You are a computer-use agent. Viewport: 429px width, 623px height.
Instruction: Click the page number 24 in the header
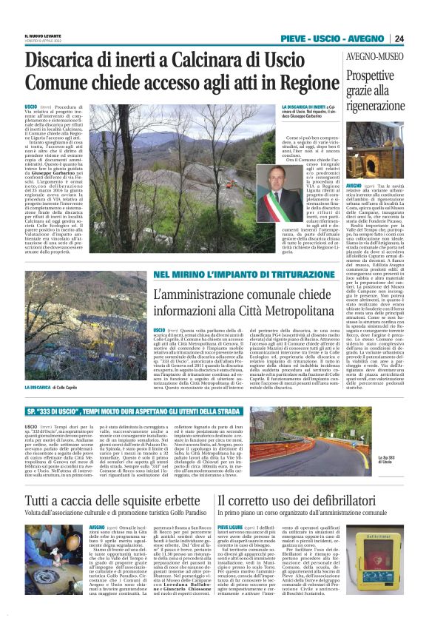pos(399,39)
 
